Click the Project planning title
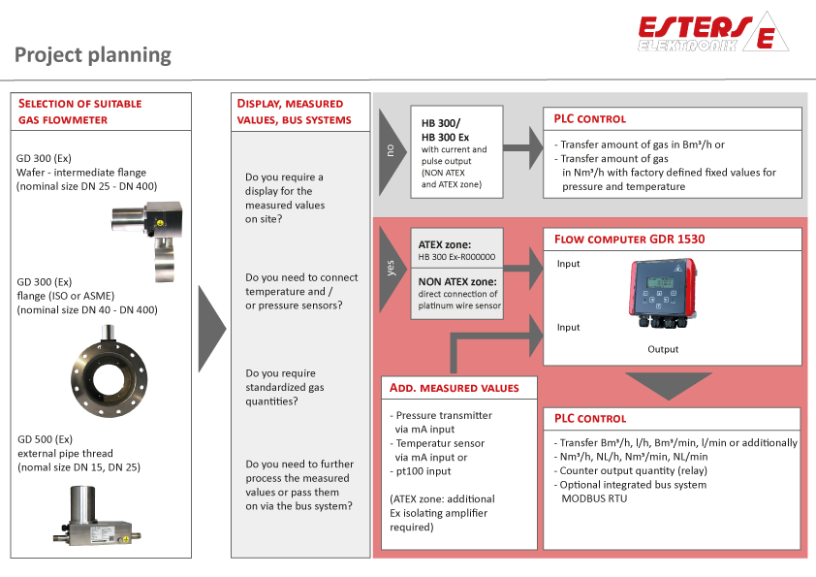pyautogui.click(x=93, y=55)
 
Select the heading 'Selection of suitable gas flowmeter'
pyautogui.click(x=80, y=111)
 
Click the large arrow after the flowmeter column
pyautogui.click(x=211, y=329)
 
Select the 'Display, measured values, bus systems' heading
pyautogui.click(x=291, y=111)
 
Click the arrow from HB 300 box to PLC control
pyautogui.click(x=523, y=147)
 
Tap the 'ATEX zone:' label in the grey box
pyautogui.click(x=445, y=244)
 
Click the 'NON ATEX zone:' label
pyautogui.click(x=457, y=281)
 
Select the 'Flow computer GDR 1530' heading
pyautogui.click(x=630, y=239)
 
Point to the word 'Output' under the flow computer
pyautogui.click(x=664, y=349)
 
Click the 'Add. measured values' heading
pyautogui.click(x=454, y=388)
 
